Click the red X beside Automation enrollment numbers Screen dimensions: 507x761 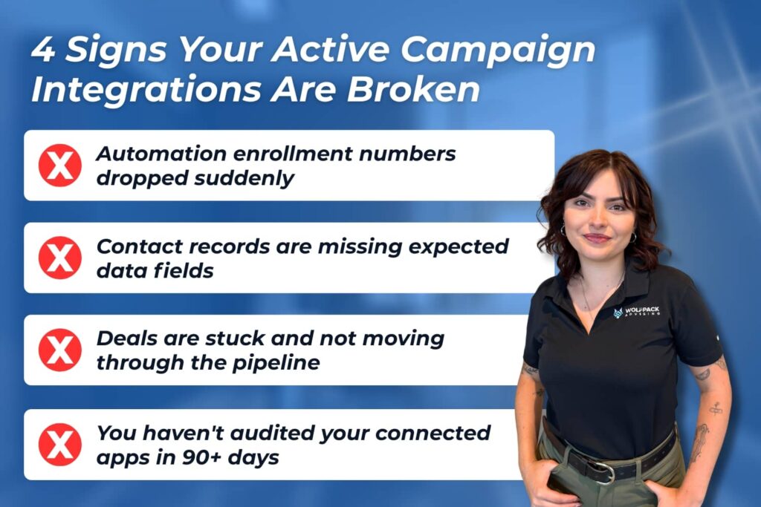60,166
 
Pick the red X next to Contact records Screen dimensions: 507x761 60,258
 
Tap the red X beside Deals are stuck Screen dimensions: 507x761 60,350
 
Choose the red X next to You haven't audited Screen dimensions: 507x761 60,444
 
